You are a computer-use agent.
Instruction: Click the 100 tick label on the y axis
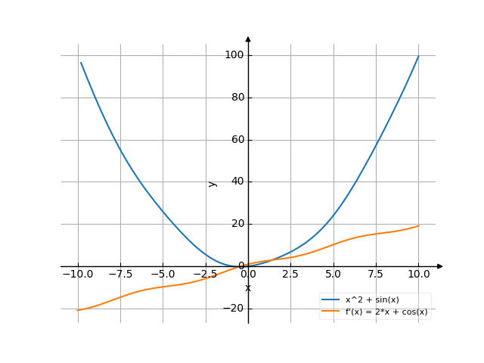(233, 55)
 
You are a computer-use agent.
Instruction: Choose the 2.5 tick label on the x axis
(290, 275)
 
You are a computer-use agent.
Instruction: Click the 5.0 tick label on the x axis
(334, 275)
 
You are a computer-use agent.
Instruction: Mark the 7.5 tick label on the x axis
(376, 275)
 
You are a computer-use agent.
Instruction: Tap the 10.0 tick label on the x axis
(418, 275)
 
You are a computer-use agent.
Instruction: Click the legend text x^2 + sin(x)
(372, 300)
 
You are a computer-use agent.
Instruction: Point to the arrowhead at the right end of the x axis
(440, 266)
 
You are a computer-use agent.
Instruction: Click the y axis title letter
(213, 182)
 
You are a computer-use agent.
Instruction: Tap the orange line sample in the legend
(330, 312)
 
